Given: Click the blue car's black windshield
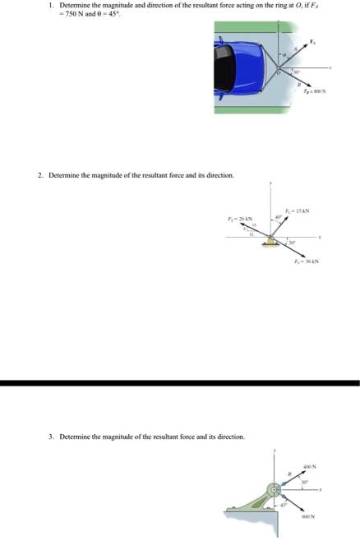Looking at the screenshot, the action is click(224, 68).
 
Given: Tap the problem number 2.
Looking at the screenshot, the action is click(40, 175).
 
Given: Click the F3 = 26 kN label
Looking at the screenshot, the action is click(238, 218).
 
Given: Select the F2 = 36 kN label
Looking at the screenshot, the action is click(306, 261).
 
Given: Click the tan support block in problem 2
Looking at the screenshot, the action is click(270, 240).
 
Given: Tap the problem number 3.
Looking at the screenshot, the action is click(51, 437).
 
